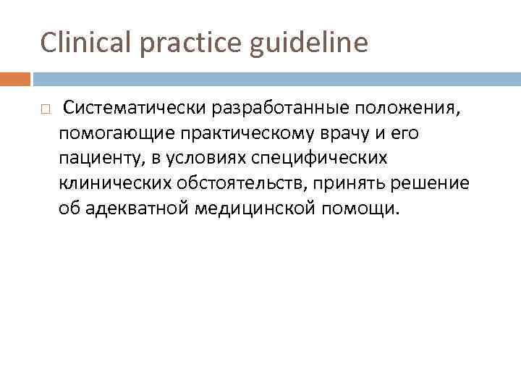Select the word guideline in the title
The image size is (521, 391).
click(x=309, y=43)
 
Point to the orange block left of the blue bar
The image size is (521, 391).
click(x=15, y=77)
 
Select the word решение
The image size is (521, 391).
click(x=430, y=183)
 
